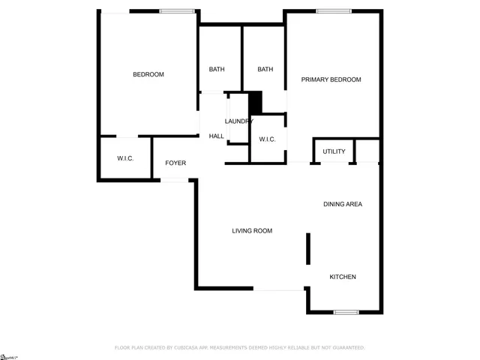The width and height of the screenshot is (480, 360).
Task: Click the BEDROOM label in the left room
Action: (x=148, y=74)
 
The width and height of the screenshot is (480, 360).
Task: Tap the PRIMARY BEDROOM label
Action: (x=331, y=79)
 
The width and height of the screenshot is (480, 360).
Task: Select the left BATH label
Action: (x=217, y=70)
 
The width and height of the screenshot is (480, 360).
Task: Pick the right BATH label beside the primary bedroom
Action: (x=265, y=70)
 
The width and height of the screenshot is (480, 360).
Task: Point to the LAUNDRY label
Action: (x=239, y=121)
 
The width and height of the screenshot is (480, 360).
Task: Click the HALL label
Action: (x=217, y=136)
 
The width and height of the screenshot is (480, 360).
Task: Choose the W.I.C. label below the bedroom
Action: (x=125, y=158)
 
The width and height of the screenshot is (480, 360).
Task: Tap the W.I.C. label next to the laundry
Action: (x=268, y=139)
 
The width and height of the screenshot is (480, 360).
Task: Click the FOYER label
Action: (x=175, y=163)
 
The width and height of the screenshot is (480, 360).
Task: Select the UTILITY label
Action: (x=334, y=151)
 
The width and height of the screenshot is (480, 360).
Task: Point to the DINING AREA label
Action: (x=343, y=204)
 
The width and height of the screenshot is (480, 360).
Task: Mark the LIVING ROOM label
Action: (x=251, y=231)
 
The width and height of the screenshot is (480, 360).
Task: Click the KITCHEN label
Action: (x=343, y=277)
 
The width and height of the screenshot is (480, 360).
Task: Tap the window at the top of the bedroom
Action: (x=178, y=11)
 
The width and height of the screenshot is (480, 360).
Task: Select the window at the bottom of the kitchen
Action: (x=346, y=312)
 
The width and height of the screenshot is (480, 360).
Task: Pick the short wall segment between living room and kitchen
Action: (x=307, y=249)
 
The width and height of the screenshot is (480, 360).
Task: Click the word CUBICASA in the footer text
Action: (x=191, y=347)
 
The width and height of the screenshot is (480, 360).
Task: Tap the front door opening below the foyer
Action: (x=175, y=180)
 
